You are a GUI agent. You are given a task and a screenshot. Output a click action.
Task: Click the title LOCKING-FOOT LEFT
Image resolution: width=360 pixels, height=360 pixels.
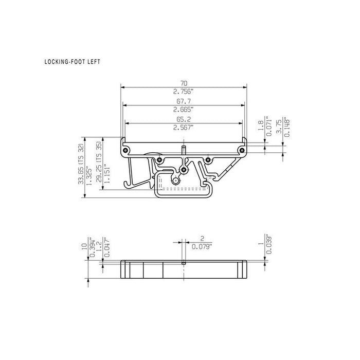tap(73, 62)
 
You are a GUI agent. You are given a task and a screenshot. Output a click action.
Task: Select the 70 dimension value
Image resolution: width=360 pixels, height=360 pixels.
tap(184, 83)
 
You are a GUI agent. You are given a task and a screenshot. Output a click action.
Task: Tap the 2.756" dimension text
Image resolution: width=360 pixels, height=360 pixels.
tap(183, 92)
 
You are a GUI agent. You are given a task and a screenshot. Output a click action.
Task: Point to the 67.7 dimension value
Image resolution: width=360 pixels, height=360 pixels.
tap(184, 101)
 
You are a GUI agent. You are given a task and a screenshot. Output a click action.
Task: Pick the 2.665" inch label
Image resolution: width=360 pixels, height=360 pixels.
tap(183, 110)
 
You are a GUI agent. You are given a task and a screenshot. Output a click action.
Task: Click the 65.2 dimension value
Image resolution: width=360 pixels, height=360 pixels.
tap(184, 119)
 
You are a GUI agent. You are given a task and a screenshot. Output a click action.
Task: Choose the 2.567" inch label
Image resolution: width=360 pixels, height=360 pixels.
tap(183, 128)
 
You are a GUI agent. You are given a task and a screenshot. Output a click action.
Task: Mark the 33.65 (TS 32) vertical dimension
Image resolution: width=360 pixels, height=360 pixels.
tap(81, 164)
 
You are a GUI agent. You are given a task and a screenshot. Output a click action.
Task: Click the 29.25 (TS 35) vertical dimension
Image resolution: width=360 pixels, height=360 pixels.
tap(99, 162)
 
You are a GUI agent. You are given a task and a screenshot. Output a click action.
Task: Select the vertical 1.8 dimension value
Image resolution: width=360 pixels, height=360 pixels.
tap(261, 125)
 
